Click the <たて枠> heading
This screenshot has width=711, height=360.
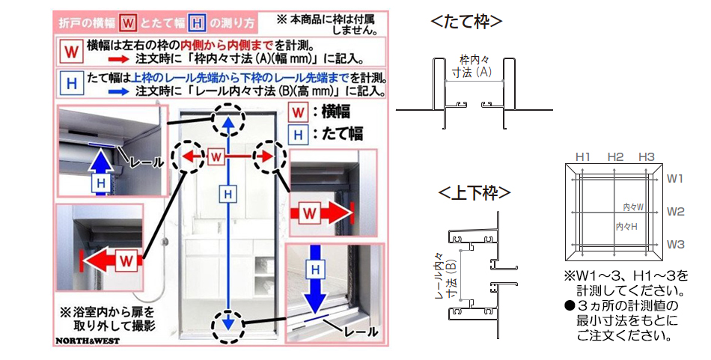tap(466, 22)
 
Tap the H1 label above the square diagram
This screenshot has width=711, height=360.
tap(584, 156)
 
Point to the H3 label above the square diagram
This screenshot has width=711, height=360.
tap(647, 156)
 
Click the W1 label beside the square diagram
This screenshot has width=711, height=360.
tap(676, 179)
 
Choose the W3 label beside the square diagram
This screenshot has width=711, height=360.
tap(676, 245)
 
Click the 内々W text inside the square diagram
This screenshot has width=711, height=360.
tap(633, 206)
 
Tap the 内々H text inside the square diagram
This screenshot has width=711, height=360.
tap(626, 226)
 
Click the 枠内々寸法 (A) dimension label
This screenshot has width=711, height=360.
tap(473, 66)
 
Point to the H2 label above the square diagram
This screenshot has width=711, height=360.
tap(615, 156)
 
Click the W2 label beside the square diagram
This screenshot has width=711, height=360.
tap(676, 212)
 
